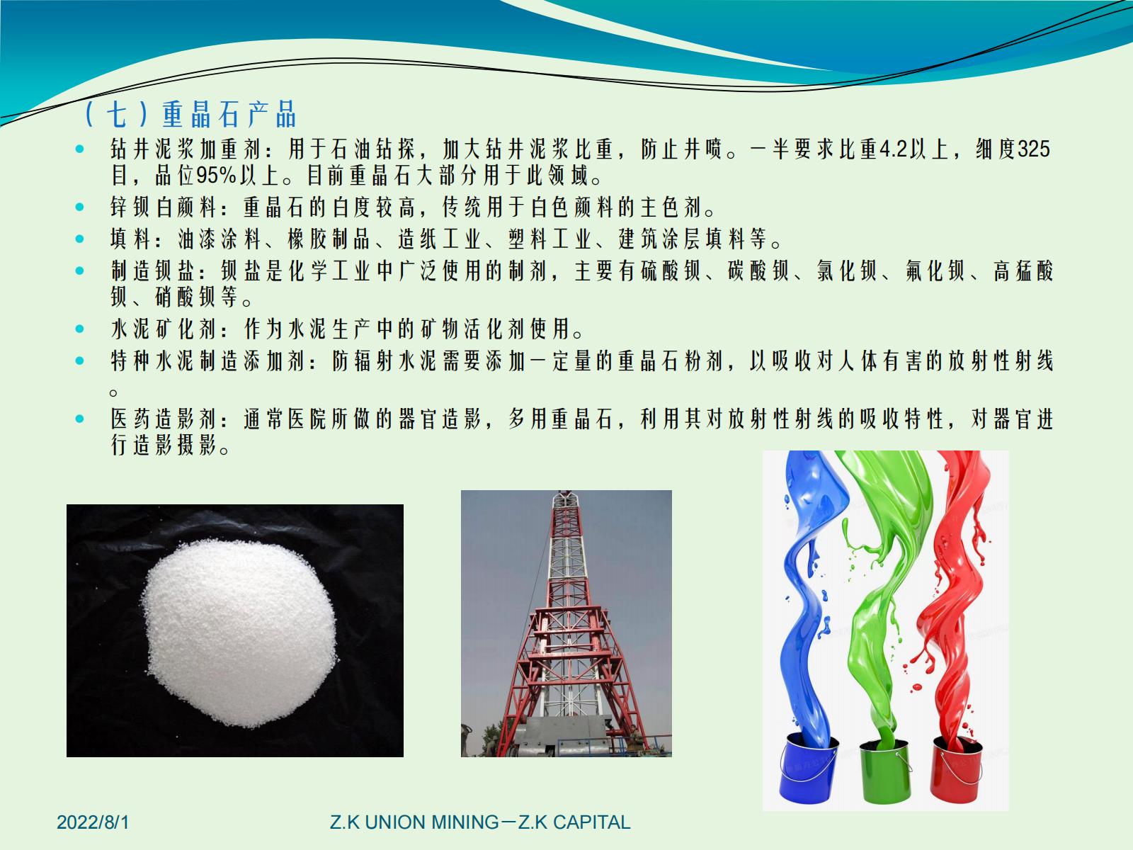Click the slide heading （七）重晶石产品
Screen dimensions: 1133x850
pyautogui.click(x=190, y=113)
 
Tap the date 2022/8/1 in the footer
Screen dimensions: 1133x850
pyautogui.click(x=93, y=822)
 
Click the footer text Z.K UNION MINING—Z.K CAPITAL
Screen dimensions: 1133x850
pyautogui.click(x=480, y=822)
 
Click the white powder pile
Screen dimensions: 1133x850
pyautogui.click(x=240, y=633)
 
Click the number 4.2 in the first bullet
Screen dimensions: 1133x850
pyautogui.click(x=894, y=149)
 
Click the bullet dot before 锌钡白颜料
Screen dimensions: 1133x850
pyautogui.click(x=79, y=207)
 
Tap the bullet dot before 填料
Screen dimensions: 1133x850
pyautogui.click(x=79, y=239)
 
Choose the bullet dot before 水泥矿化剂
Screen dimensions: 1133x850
pyautogui.click(x=79, y=329)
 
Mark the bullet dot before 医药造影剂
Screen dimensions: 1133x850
pyautogui.click(x=79, y=419)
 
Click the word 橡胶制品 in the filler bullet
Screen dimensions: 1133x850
pyautogui.click(x=329, y=239)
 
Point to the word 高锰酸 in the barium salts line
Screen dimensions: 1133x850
pyautogui.click(x=1023, y=271)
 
